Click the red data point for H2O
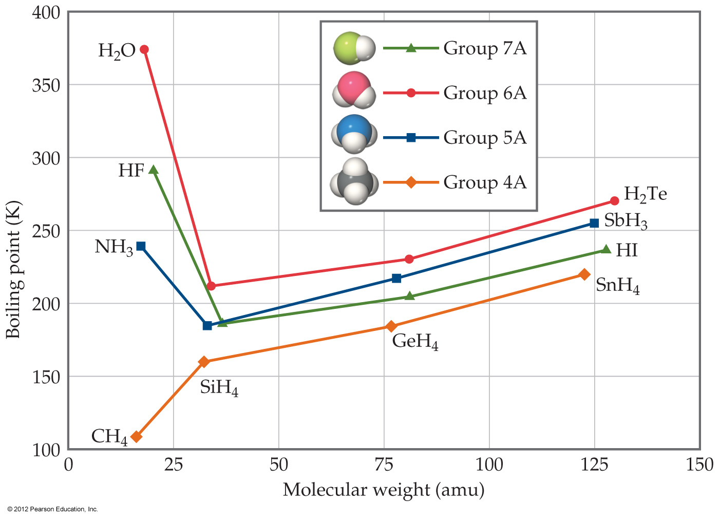point(144,49)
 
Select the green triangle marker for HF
point(153,170)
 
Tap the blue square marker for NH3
point(141,246)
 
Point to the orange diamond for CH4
point(136,437)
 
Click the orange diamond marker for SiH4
point(204,362)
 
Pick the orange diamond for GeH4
point(391,326)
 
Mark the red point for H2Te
point(615,201)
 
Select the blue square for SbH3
point(594,223)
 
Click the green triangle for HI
point(606,250)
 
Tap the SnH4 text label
point(617,285)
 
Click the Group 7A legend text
point(485,48)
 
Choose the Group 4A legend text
point(485,182)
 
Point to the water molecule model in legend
point(354,90)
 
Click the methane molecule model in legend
point(354,182)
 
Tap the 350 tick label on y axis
point(46,85)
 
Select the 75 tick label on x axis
point(384,465)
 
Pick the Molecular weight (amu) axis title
point(384,490)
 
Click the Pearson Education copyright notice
point(52,509)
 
